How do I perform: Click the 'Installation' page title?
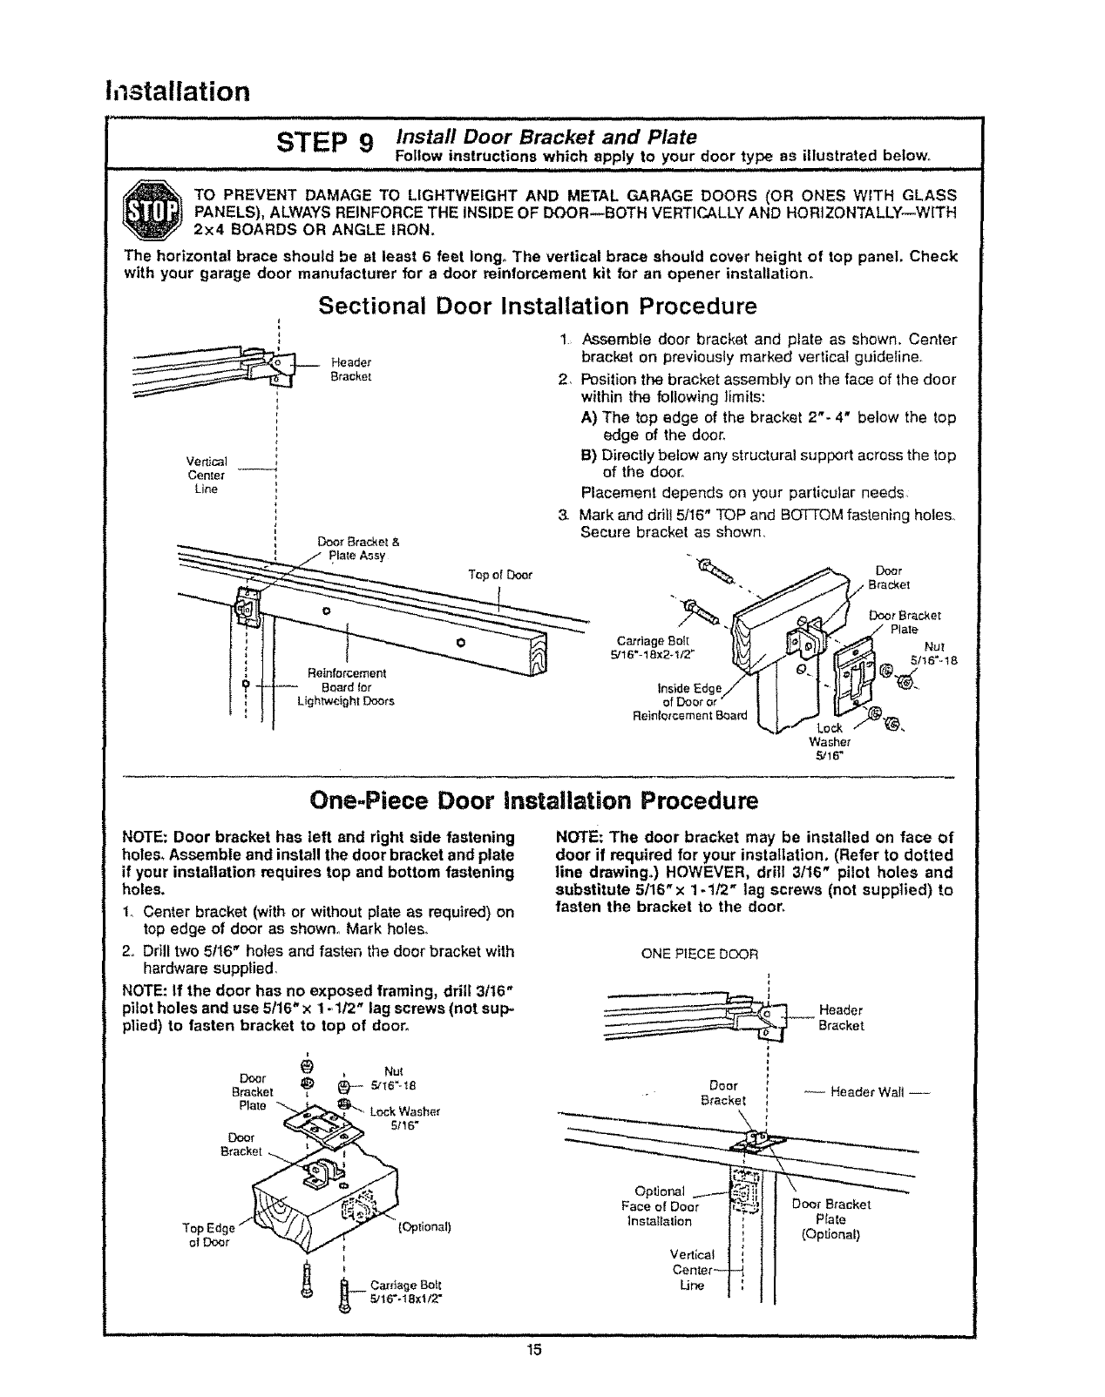[177, 91]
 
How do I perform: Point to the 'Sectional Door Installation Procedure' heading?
[538, 307]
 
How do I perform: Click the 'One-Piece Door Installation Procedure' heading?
[538, 800]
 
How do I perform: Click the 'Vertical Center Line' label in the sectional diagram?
[207, 476]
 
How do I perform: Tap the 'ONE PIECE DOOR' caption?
[700, 953]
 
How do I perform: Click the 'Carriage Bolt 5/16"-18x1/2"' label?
[406, 1291]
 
